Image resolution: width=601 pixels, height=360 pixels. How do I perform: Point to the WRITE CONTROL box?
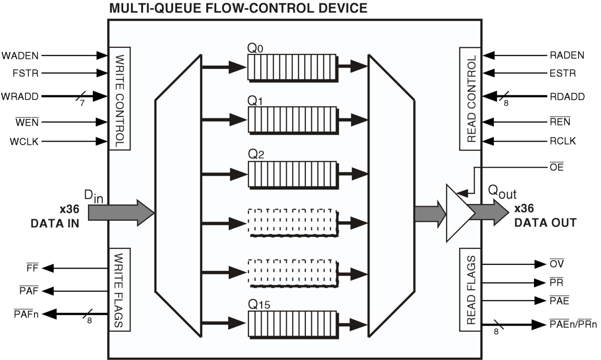click(120, 98)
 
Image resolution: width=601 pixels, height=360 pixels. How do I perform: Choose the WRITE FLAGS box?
click(120, 289)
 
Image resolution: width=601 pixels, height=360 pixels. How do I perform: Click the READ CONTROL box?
click(471, 98)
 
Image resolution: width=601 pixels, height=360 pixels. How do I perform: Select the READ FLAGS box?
click(471, 290)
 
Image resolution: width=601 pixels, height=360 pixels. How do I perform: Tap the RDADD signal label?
click(567, 96)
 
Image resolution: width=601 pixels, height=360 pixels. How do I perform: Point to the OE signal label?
click(557, 168)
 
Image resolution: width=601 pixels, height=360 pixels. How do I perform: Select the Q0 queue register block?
click(292, 67)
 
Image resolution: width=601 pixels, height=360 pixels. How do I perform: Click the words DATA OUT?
click(545, 223)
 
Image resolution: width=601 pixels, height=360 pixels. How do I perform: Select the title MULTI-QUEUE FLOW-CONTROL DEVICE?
click(239, 8)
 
